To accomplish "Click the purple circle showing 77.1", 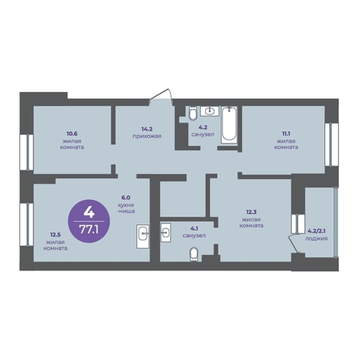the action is (89, 221).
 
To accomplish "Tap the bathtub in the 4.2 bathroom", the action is (229, 124).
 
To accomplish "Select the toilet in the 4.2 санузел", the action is (193, 113).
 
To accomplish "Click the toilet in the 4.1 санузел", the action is (194, 254).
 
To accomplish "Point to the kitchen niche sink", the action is (143, 236).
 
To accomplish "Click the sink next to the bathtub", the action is (210, 111).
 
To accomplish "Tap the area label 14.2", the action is (147, 129).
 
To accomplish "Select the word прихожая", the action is (147, 136).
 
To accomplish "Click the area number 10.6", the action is (72, 133).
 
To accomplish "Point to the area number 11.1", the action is (286, 133).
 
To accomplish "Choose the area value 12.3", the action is (251, 211).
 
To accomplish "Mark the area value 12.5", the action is (55, 235).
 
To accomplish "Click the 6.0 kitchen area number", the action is (126, 198).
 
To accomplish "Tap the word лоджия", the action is (316, 238).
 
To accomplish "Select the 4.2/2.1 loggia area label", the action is (316, 231).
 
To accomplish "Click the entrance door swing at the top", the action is (161, 94).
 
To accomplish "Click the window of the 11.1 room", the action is (331, 144).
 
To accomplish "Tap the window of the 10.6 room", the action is (27, 153).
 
